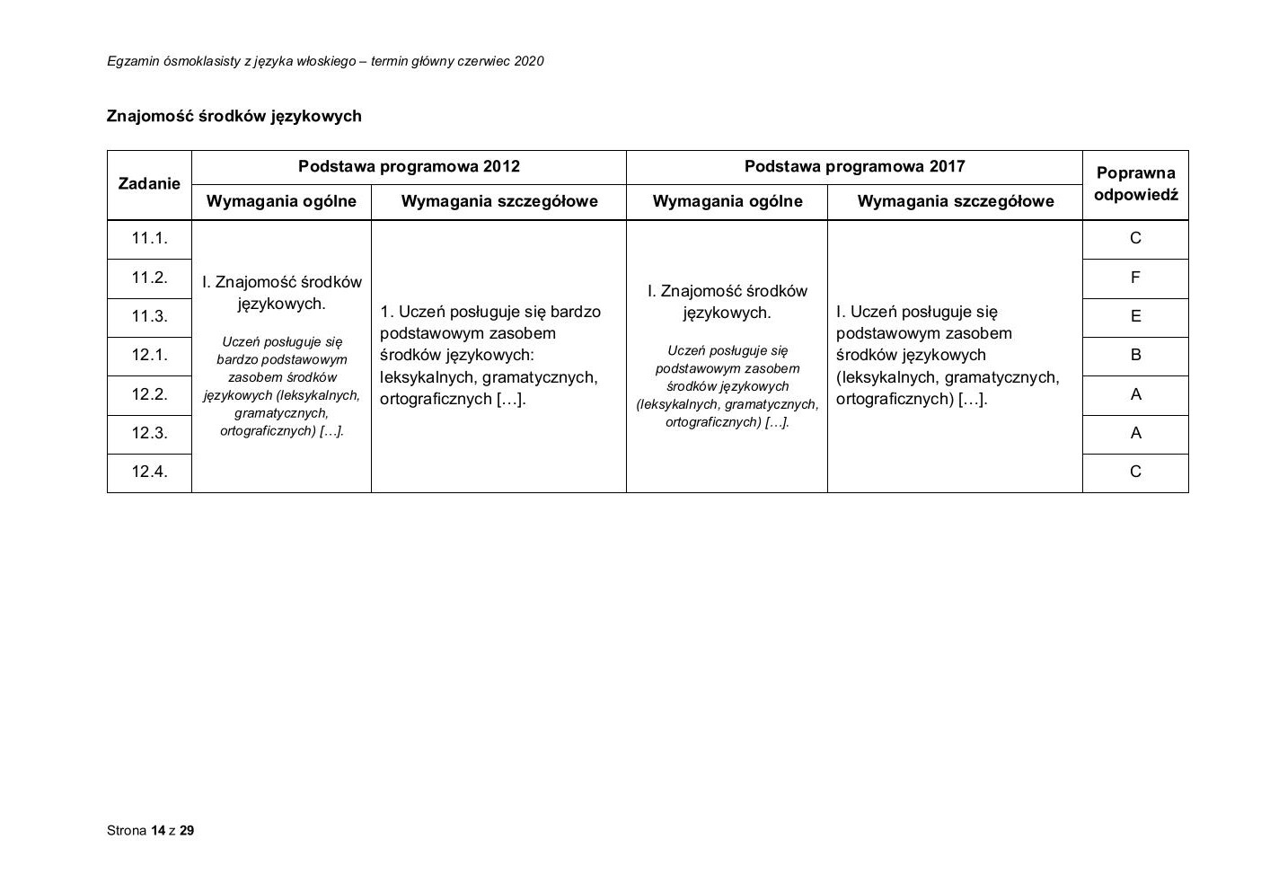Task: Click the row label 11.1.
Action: click(149, 238)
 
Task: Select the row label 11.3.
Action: click(149, 316)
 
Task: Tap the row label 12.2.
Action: click(149, 394)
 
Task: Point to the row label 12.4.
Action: click(149, 472)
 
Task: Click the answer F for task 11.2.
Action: click(1135, 278)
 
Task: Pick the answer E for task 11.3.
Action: click(1135, 316)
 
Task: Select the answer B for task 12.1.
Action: click(1135, 355)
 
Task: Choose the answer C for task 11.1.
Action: click(1135, 238)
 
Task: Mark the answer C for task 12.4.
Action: click(1135, 472)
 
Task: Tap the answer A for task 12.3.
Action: click(1135, 433)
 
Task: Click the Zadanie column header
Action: click(149, 183)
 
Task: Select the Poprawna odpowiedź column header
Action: click(1135, 183)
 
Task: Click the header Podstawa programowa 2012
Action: click(409, 166)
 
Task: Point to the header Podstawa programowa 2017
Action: click(854, 166)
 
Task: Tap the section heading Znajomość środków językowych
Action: click(234, 116)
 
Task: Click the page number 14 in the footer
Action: click(158, 831)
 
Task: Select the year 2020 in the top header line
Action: click(528, 61)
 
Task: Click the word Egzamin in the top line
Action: click(131, 61)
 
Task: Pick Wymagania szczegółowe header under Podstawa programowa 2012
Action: click(498, 201)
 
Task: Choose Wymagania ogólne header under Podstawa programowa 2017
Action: click(727, 201)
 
